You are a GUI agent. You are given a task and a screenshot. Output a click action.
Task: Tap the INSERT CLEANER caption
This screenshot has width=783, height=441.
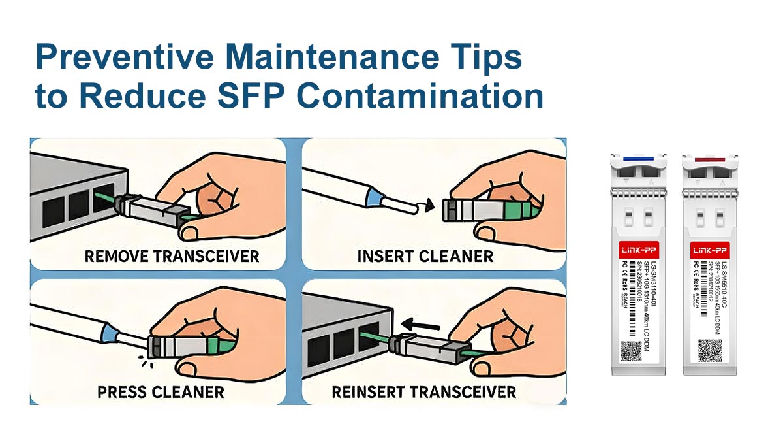pos(425,255)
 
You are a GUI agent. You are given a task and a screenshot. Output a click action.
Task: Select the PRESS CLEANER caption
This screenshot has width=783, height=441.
pos(161,392)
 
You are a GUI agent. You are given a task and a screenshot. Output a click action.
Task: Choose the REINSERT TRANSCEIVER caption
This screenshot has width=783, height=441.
pos(424,392)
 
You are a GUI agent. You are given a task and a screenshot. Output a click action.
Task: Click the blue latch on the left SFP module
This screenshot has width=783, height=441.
pos(639,158)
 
